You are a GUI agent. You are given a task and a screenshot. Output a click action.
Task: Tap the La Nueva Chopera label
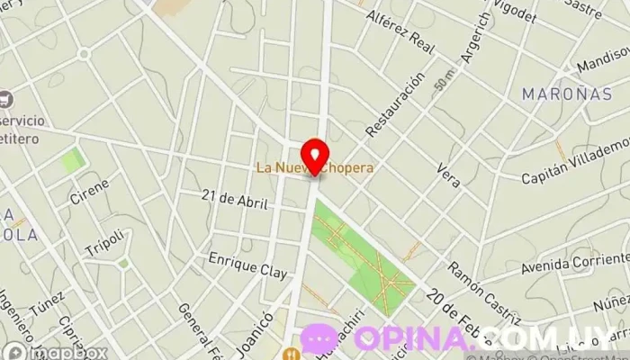[x=314, y=167]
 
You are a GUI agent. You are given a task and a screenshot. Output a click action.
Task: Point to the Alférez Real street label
[x=400, y=28]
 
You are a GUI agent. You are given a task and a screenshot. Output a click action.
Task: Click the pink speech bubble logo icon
[x=319, y=339]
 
